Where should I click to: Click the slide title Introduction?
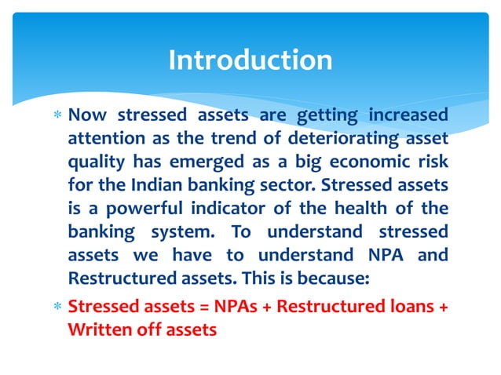(x=250, y=60)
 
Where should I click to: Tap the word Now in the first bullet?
(x=87, y=116)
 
